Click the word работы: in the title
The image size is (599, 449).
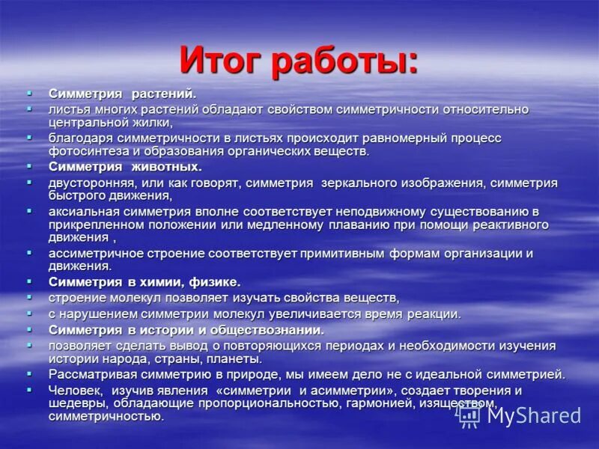[347, 61]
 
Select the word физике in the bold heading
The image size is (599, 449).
[216, 282]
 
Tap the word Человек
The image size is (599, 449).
[76, 391]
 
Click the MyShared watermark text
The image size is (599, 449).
[532, 415]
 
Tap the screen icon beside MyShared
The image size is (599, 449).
[469, 415]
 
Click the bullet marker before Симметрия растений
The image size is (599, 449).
[29, 93]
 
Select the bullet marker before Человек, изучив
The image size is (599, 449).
[29, 389]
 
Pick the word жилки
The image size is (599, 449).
[153, 122]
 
